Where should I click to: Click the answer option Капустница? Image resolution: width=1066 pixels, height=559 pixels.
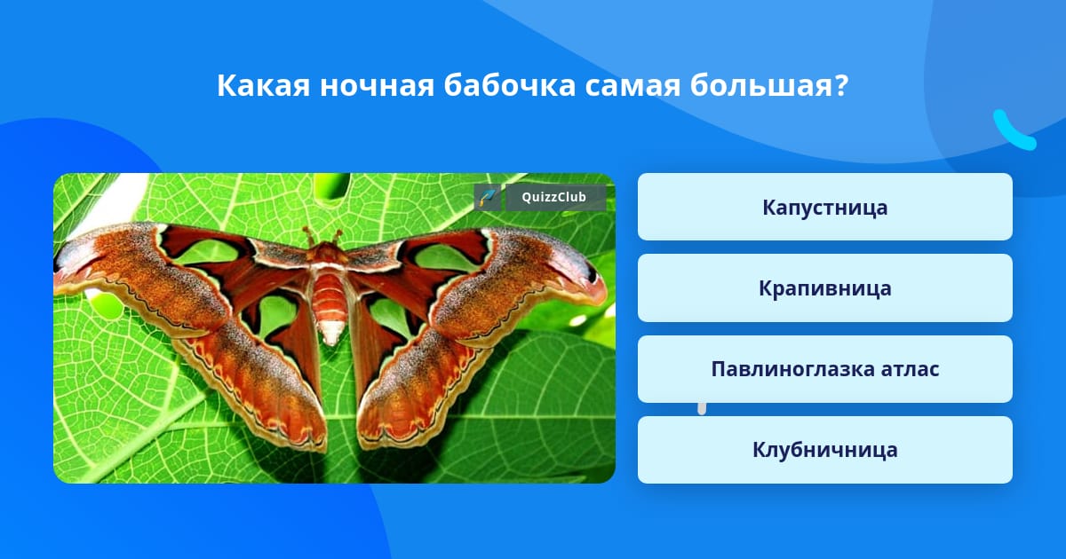coord(824,207)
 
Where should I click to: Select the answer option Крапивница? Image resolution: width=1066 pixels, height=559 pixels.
coord(824,288)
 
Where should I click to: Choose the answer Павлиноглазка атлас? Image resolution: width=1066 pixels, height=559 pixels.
coord(824,369)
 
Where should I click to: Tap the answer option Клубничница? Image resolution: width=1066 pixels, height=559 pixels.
coord(824,450)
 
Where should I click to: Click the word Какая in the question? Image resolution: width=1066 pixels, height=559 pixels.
coord(263,85)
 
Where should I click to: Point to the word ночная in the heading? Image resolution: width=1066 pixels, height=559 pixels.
coord(377,85)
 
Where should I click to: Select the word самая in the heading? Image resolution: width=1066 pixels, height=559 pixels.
coord(632,85)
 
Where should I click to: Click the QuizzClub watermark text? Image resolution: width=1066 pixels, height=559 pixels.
coord(553,197)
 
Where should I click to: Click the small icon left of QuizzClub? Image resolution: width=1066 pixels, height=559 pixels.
coord(488,197)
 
